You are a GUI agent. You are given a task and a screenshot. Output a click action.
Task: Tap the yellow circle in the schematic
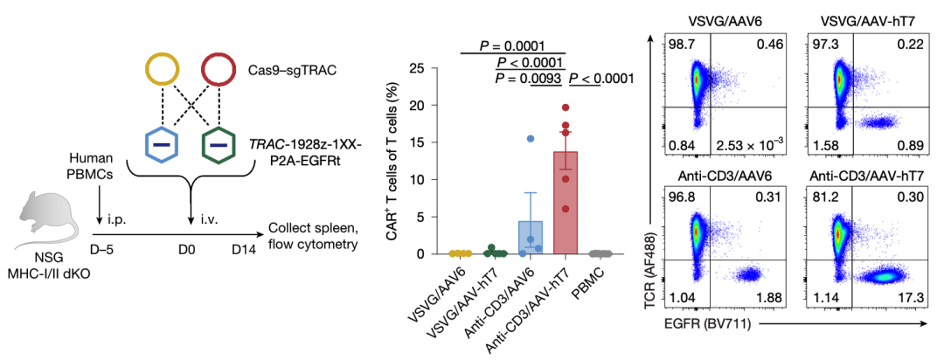tap(163, 70)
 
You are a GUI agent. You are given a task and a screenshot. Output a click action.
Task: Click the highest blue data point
tap(530, 139)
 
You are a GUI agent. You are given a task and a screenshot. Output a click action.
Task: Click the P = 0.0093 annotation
tap(527, 80)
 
